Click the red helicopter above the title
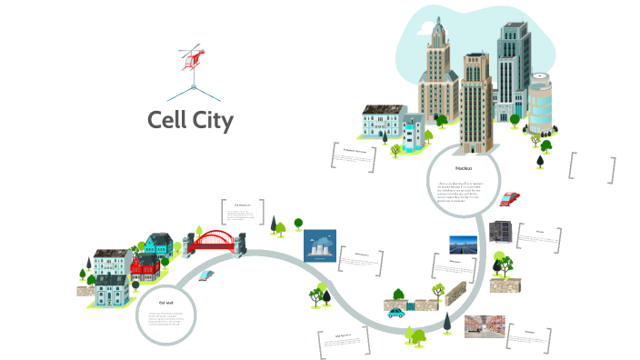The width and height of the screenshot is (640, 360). [193, 57]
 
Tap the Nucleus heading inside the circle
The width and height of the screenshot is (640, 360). [463, 169]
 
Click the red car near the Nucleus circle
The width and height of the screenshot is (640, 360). [510, 198]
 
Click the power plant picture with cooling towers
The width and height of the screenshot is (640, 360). [320, 245]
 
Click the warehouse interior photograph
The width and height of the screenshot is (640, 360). [484, 326]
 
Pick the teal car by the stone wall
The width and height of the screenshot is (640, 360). [396, 312]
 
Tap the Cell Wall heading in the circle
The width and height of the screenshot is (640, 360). [166, 302]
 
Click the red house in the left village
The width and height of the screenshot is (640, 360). [145, 265]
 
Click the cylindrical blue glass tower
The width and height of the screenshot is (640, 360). [540, 105]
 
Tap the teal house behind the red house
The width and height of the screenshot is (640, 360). [158, 244]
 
